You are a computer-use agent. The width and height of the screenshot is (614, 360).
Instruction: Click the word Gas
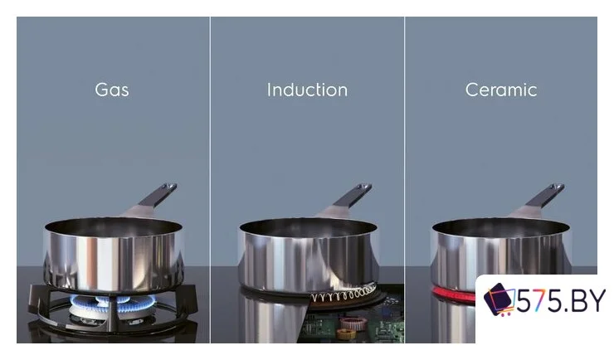click(112, 90)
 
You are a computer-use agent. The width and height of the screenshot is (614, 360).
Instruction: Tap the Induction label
click(307, 90)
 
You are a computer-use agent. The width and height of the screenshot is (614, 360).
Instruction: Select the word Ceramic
click(501, 90)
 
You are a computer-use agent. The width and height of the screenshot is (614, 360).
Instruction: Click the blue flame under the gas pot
click(113, 302)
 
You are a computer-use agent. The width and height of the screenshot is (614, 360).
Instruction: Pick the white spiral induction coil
click(344, 294)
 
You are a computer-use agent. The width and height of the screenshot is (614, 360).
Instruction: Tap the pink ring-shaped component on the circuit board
click(353, 324)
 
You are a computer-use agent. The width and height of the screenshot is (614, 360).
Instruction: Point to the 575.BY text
click(561, 300)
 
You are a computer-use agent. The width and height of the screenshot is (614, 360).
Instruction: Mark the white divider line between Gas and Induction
click(210, 180)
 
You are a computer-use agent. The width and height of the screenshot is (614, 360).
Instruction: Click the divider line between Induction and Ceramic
click(405, 180)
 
